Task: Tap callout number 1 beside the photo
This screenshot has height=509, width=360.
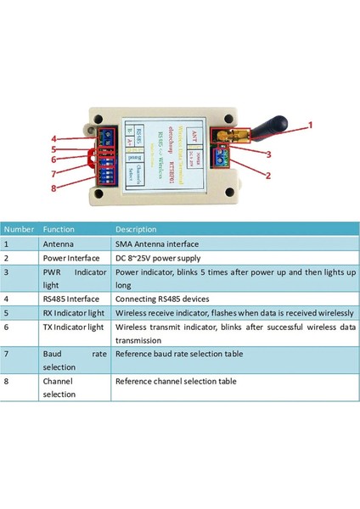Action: tap(310, 125)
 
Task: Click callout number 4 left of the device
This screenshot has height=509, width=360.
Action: tap(53, 138)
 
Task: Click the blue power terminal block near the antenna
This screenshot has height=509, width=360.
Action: tap(223, 157)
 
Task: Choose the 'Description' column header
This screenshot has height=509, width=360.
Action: tap(136, 229)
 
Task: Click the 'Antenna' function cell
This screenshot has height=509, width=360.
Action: tap(59, 243)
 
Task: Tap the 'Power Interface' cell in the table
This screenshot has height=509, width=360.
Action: tap(71, 258)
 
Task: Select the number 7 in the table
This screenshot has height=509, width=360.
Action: tap(8, 352)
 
